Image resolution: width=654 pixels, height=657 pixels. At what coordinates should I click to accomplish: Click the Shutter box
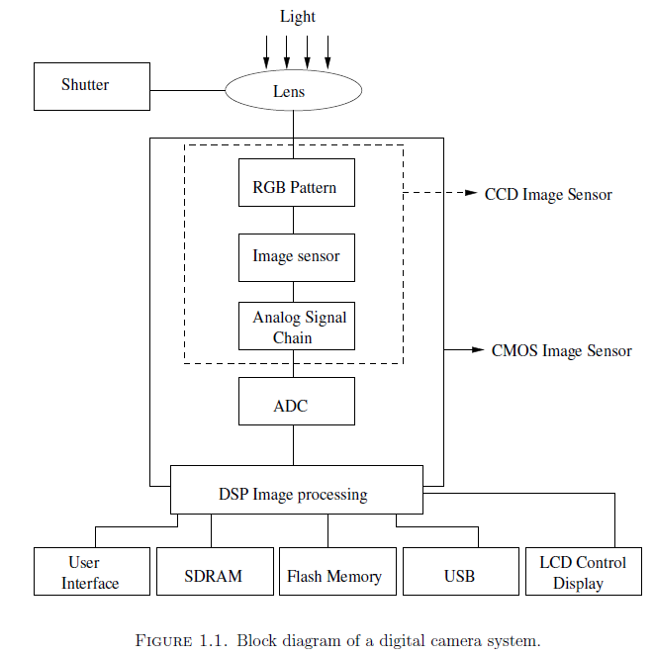85,86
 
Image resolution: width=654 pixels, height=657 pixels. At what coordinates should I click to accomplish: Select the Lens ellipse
294,92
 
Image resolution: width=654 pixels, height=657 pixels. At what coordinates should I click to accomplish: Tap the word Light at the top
297,17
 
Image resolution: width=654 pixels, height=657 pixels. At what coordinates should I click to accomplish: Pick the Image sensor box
296,257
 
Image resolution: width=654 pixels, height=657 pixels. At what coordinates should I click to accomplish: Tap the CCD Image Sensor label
548,195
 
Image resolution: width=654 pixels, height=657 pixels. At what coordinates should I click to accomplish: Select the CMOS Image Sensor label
561,351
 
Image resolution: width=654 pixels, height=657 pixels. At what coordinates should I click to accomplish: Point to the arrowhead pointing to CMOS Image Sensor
478,350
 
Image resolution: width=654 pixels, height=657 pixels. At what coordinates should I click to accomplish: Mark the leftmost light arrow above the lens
266,49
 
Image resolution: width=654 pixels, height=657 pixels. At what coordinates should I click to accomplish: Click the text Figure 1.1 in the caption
181,640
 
